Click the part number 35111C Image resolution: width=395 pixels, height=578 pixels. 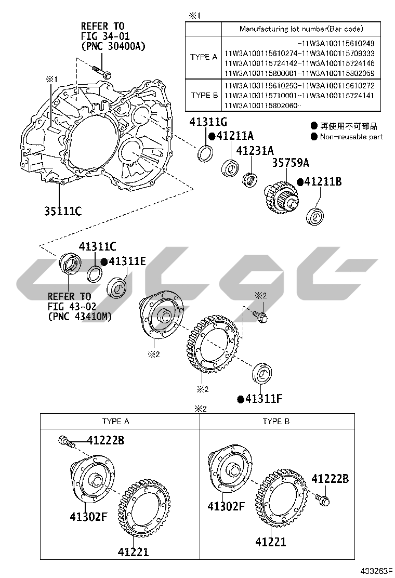pos(63,211)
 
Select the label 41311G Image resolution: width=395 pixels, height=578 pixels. pos(208,122)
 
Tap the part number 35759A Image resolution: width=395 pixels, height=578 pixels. pos(291,163)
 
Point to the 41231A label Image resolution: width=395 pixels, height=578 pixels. pos(255,150)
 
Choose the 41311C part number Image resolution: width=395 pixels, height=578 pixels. pos(97,246)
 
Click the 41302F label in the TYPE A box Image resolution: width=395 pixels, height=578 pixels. pos(88,517)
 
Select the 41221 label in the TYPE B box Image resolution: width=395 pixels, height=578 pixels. pos(271,542)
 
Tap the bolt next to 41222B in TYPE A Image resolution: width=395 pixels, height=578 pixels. pos(67,441)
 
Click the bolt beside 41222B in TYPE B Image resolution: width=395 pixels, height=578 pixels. pos(322,500)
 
